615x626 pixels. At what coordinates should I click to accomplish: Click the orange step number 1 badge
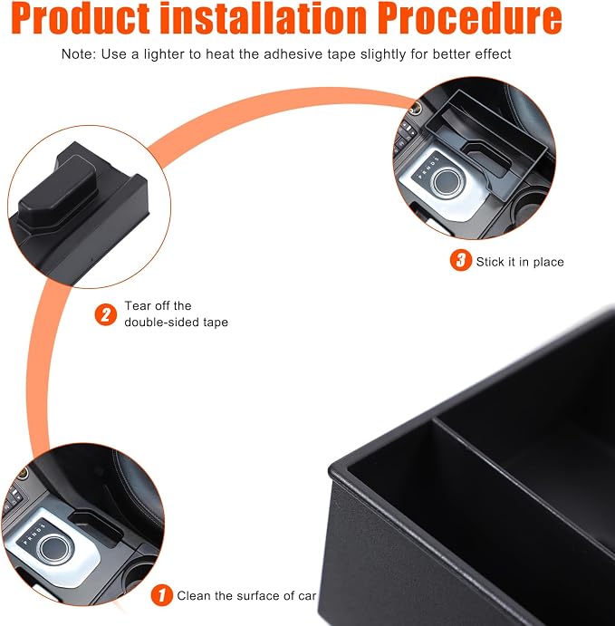click(x=161, y=595)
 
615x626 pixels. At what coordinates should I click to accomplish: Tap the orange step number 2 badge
click(x=106, y=314)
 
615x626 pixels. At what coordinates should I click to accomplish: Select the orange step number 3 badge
click(x=461, y=260)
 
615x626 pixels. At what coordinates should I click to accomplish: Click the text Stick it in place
click(x=520, y=262)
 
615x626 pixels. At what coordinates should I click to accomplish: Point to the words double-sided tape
click(x=176, y=323)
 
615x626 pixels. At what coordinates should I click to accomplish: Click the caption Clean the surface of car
click(x=246, y=596)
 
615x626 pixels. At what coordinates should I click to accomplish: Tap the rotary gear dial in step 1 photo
click(x=56, y=549)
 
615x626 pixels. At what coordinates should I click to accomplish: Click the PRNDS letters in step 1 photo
click(x=34, y=534)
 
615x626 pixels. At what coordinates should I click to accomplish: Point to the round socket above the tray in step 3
click(x=417, y=107)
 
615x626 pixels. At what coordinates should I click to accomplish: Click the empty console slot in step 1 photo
click(x=96, y=527)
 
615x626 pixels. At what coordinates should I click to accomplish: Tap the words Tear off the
click(x=158, y=306)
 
